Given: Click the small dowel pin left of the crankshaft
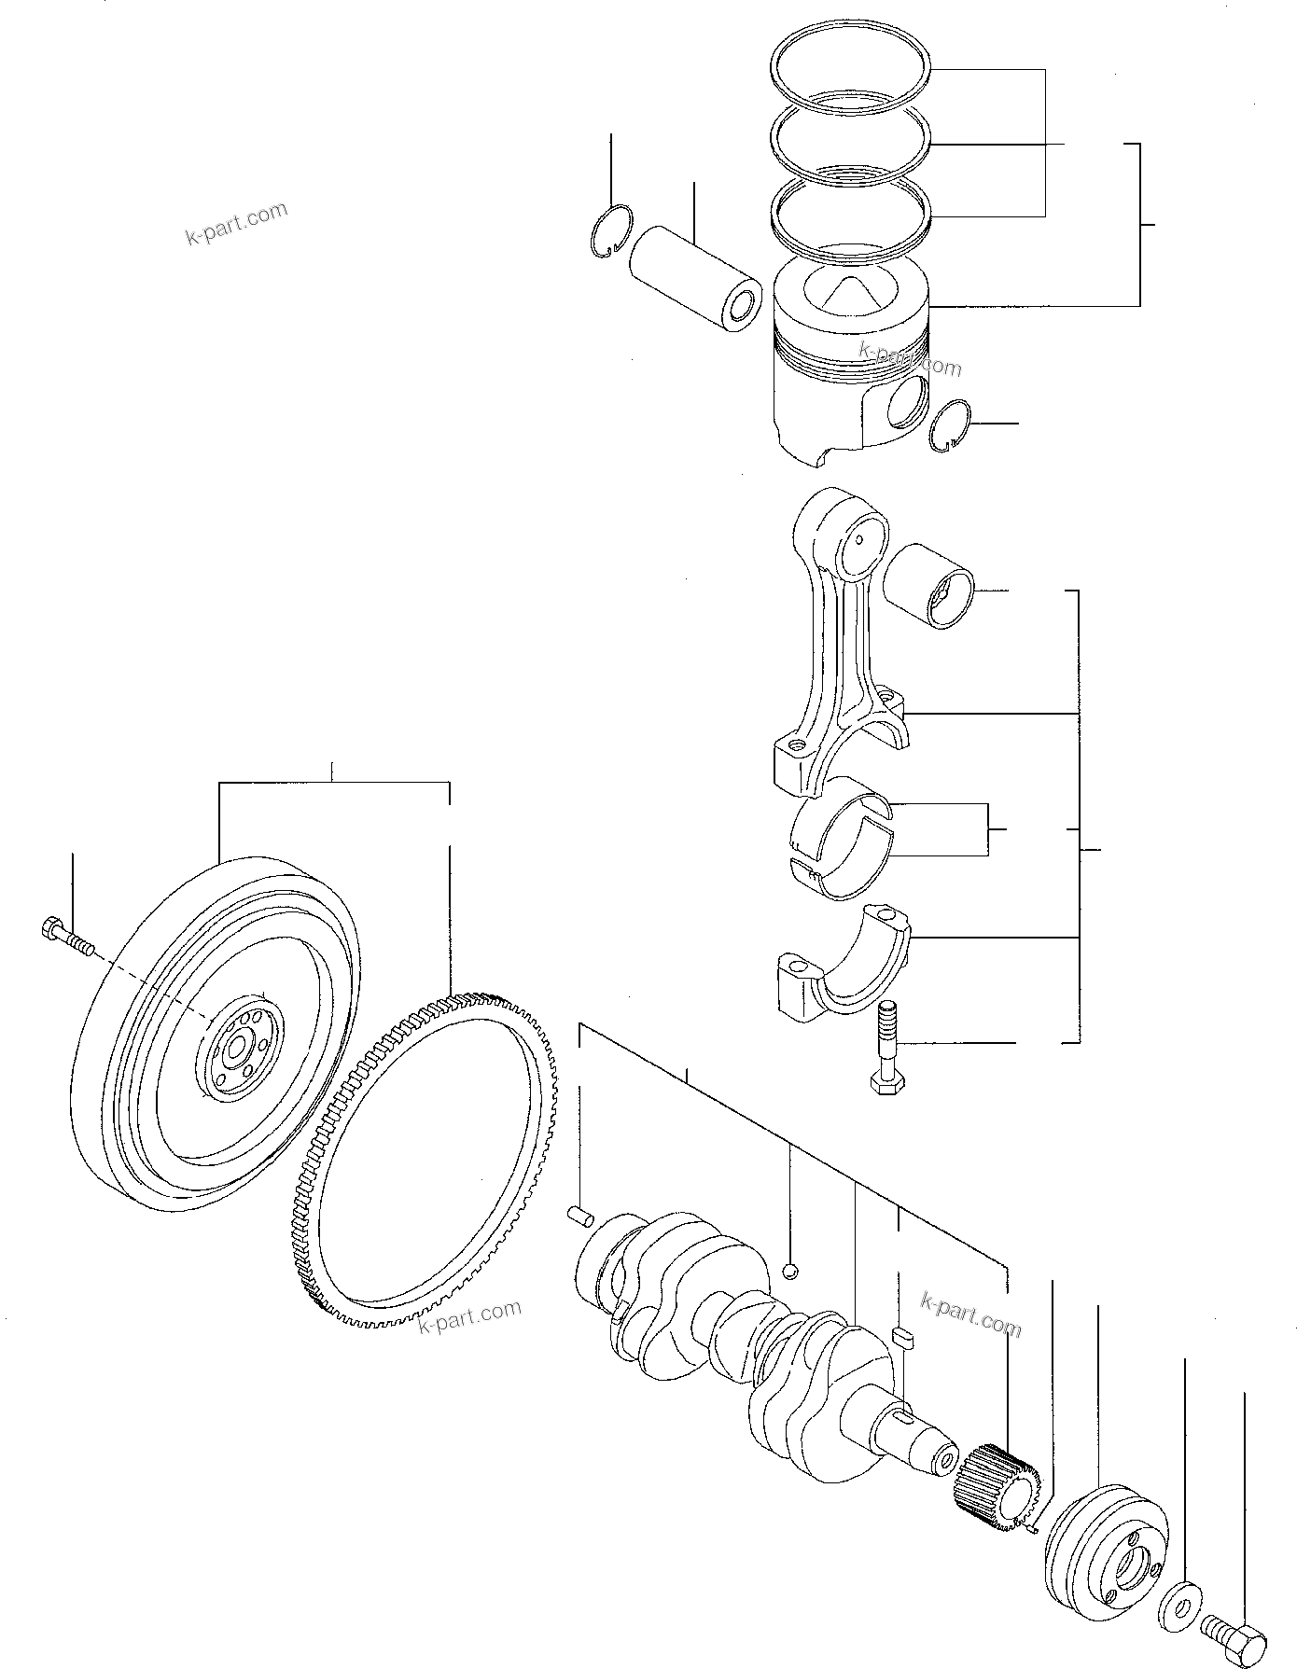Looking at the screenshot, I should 580,1216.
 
